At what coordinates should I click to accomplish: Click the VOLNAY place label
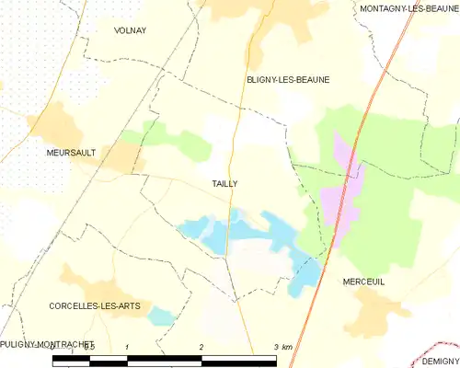click(130, 30)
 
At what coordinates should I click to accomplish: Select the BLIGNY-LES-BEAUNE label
click(288, 80)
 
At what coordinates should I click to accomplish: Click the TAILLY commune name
click(225, 184)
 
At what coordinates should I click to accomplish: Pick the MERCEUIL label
click(362, 282)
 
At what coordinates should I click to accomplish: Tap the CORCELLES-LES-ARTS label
click(89, 305)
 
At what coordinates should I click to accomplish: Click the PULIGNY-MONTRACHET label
click(48, 343)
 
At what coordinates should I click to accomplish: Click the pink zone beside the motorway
click(339, 189)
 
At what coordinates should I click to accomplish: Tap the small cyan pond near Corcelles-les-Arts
click(162, 316)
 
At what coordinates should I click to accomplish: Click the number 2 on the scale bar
click(201, 346)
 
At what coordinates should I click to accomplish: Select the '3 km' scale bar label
click(282, 346)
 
